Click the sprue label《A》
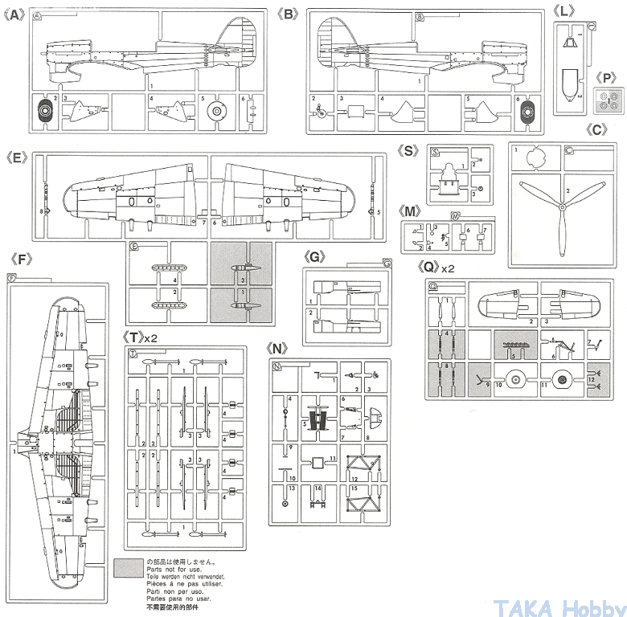(15, 14)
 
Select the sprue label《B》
(288, 14)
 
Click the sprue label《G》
(316, 256)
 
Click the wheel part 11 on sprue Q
(563, 375)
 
